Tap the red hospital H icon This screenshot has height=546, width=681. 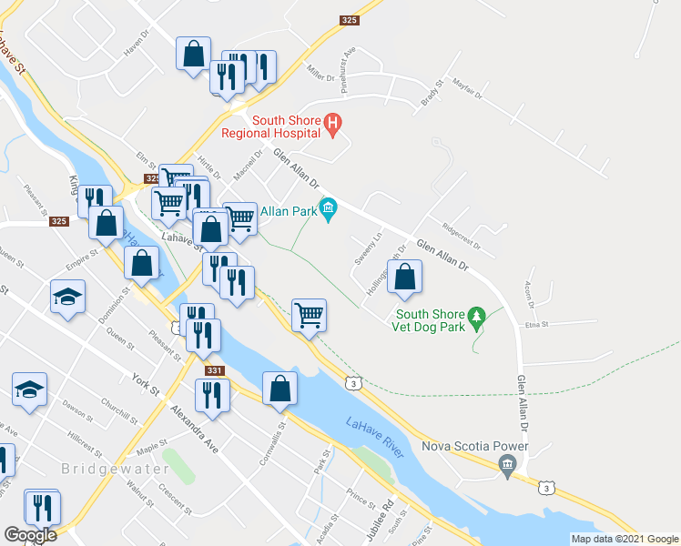[x=333, y=121]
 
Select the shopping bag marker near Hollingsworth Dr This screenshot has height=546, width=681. [x=405, y=278]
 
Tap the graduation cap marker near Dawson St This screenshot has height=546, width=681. [x=29, y=390]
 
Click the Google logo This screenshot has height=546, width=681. [x=30, y=534]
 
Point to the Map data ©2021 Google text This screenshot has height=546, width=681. [x=625, y=539]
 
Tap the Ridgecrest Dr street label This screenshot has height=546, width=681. [x=460, y=236]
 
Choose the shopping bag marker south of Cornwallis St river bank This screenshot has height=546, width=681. [x=280, y=389]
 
